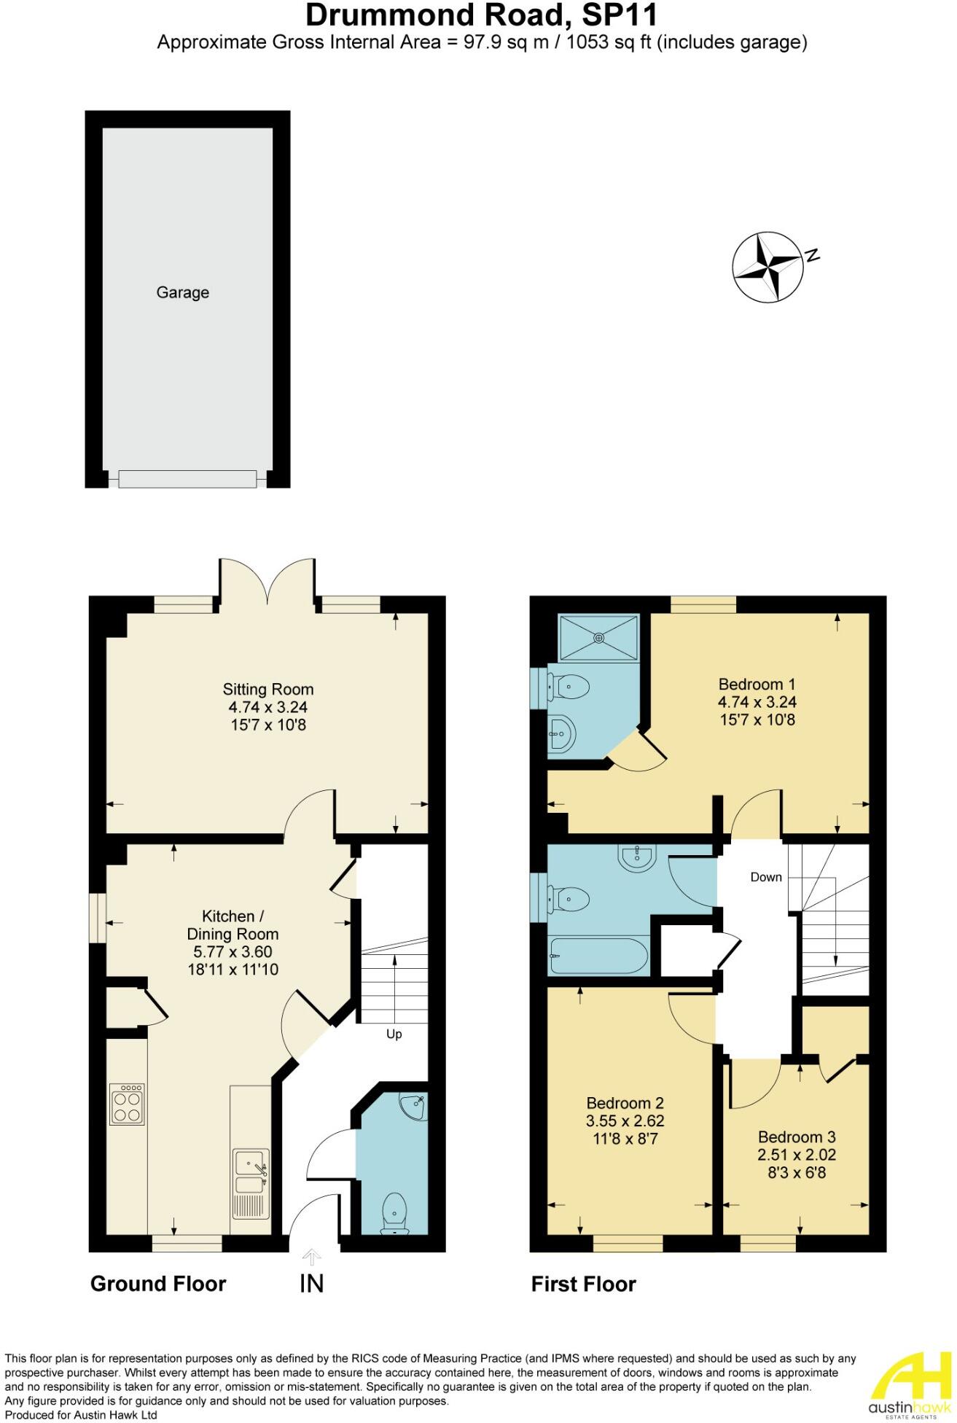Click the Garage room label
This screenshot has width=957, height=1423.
pyautogui.click(x=182, y=292)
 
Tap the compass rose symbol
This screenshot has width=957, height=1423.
pyautogui.click(x=768, y=267)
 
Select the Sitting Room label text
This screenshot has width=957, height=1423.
pyautogui.click(x=267, y=689)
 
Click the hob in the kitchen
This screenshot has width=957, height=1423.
pyautogui.click(x=128, y=1104)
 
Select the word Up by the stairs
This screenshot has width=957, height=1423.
pyautogui.click(x=394, y=1034)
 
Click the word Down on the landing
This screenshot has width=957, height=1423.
pyautogui.click(x=766, y=877)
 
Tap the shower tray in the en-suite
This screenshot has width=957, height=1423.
pyautogui.click(x=598, y=638)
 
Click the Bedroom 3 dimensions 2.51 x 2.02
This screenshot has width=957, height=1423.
pyautogui.click(x=797, y=1155)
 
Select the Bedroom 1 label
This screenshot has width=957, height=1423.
pyautogui.click(x=757, y=684)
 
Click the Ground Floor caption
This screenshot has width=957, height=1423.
pyautogui.click(x=158, y=1283)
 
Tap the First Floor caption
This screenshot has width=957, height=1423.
pyautogui.click(x=583, y=1284)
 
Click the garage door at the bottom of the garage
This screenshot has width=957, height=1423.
pyautogui.click(x=187, y=479)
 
